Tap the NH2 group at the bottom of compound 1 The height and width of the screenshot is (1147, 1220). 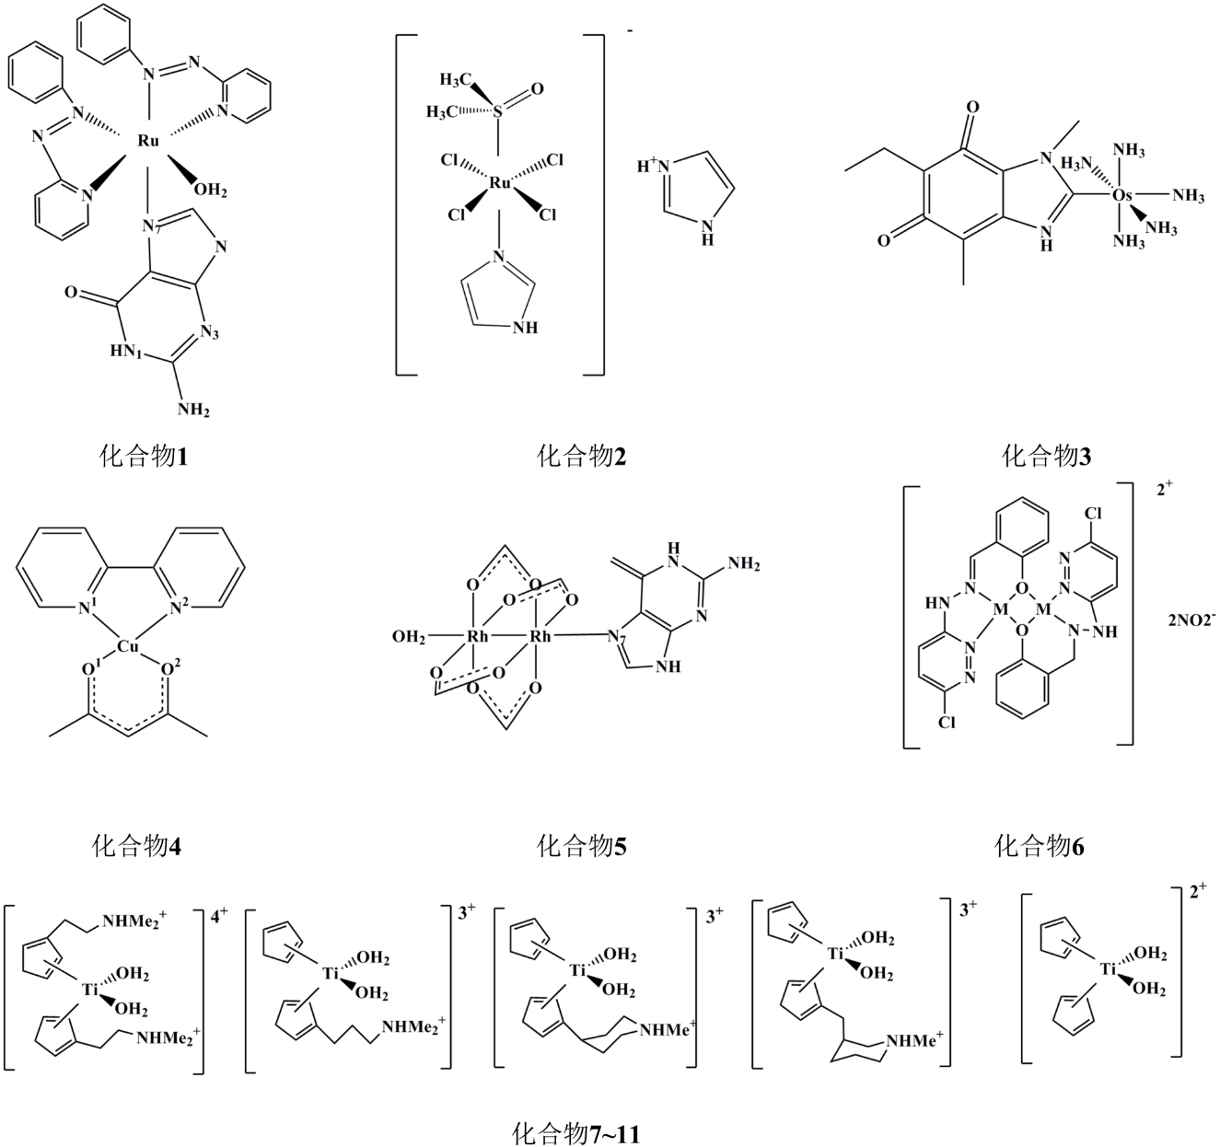[x=192, y=408]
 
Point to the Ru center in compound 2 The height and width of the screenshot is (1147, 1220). [x=500, y=183]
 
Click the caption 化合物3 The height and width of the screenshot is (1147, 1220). [x=1046, y=455]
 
